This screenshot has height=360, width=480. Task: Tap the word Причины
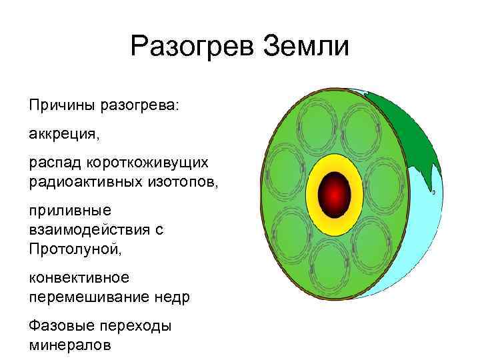coord(59,105)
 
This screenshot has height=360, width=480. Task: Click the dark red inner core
coord(334,193)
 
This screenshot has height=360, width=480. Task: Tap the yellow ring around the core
coord(334,164)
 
